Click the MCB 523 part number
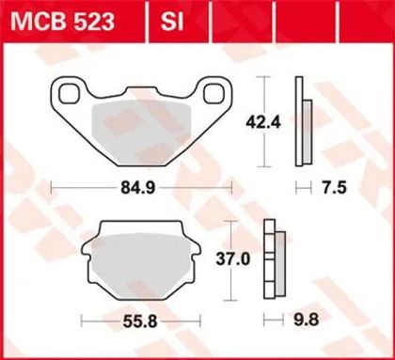[x=63, y=22]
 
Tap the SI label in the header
[x=172, y=22]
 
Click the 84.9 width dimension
[x=138, y=188]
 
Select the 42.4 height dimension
[x=263, y=122]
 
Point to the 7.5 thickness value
[x=335, y=188]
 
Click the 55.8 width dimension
[x=140, y=321]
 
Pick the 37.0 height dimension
[x=233, y=259]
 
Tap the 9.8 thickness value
[x=307, y=320]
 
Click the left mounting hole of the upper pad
[x=69, y=93]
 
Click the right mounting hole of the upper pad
[x=213, y=93]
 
